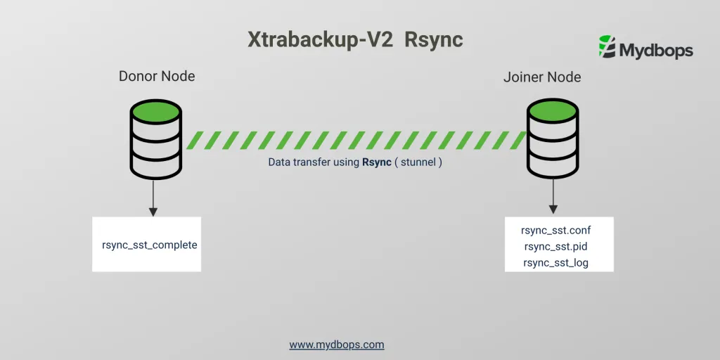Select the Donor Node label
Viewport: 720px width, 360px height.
pyautogui.click(x=157, y=76)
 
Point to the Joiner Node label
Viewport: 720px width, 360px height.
pyautogui.click(x=542, y=77)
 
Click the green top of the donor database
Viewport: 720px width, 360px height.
pyautogui.click(x=155, y=112)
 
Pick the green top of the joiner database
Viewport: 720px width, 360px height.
pyautogui.click(x=553, y=112)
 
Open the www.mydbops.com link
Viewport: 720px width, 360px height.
pyautogui.click(x=337, y=345)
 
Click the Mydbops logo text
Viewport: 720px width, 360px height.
pyautogui.click(x=655, y=51)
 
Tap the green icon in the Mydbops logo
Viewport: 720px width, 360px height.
pyautogui.click(x=606, y=46)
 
